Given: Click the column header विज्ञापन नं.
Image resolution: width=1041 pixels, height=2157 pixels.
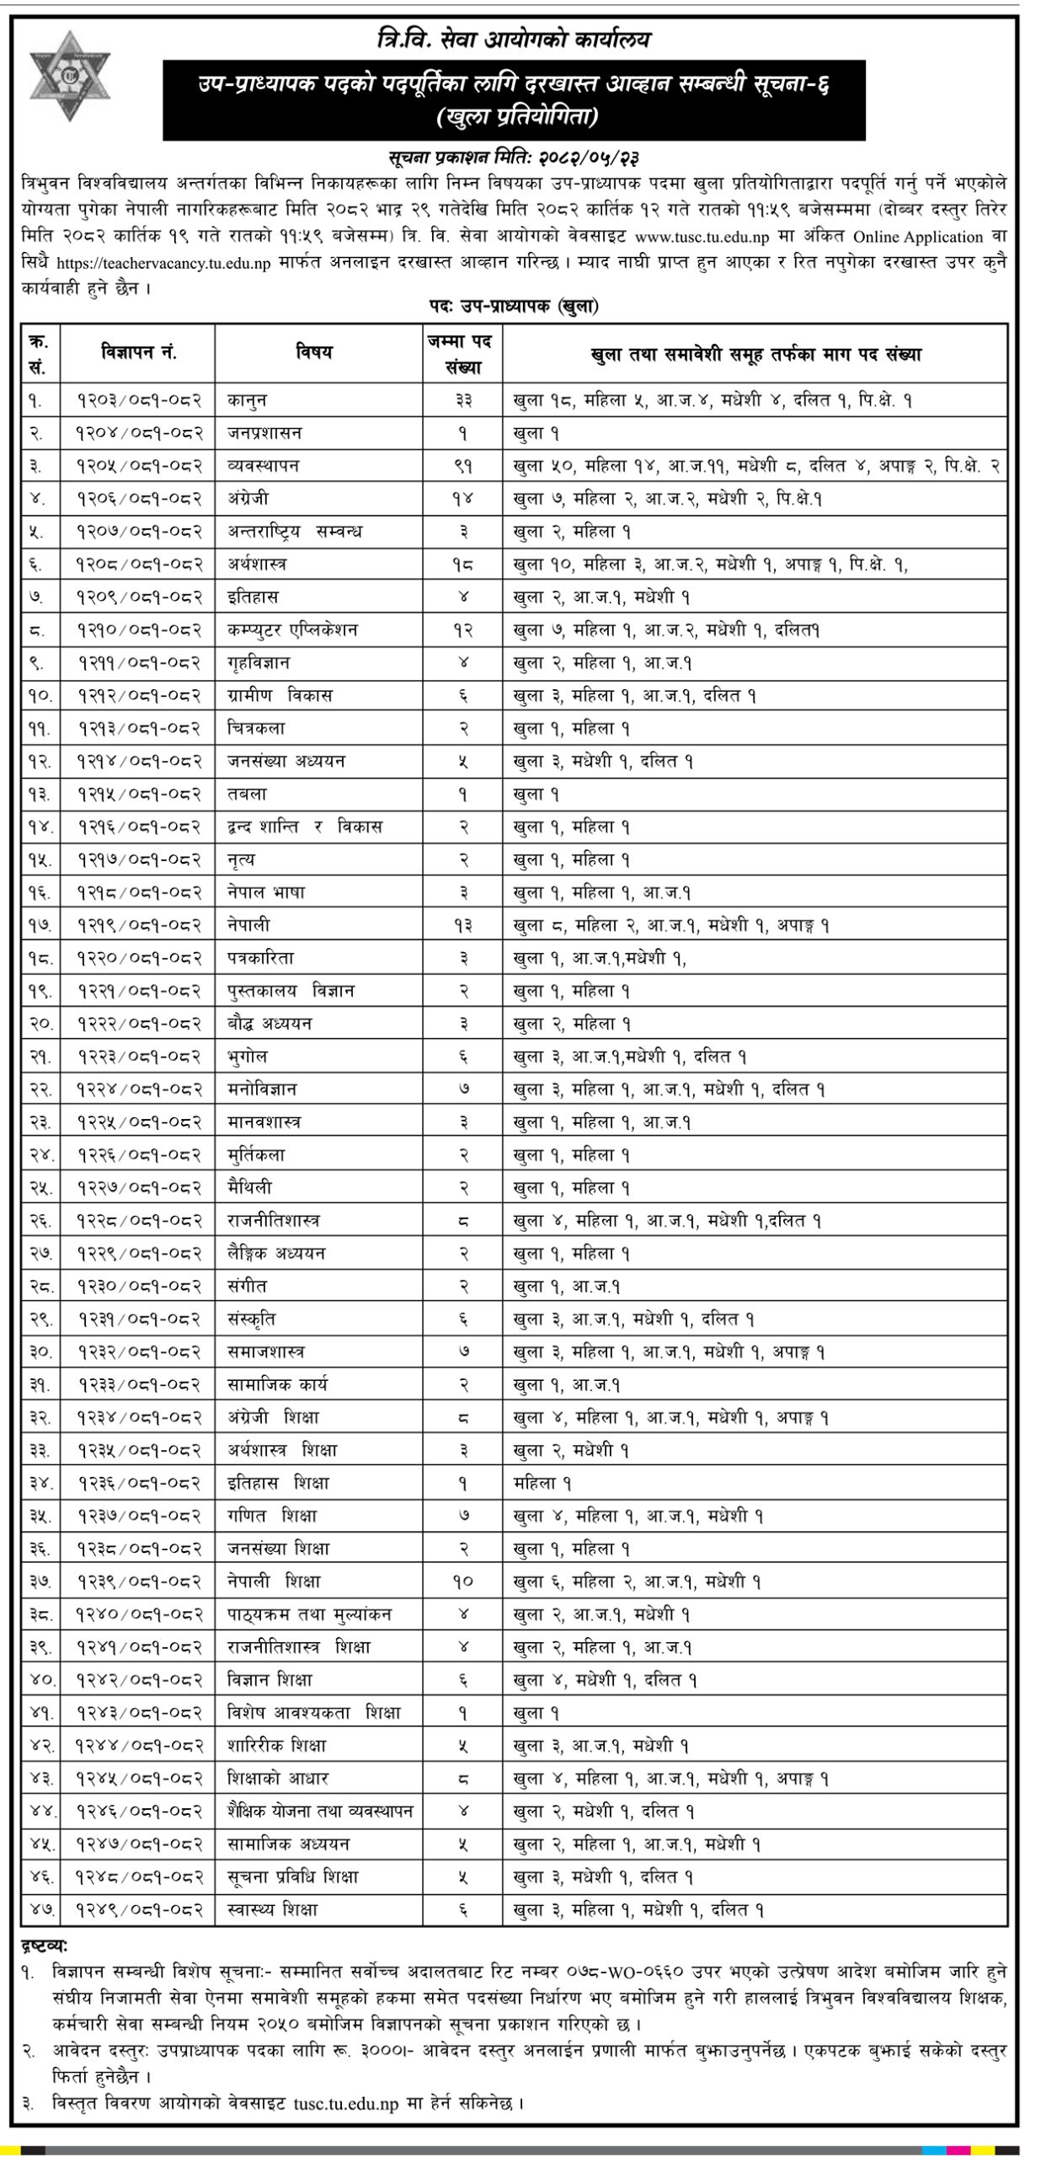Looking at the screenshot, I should click(x=139, y=353).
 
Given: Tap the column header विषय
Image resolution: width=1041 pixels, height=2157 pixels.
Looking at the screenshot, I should click(x=313, y=353).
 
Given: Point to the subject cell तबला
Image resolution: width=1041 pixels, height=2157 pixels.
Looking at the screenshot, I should click(x=247, y=794).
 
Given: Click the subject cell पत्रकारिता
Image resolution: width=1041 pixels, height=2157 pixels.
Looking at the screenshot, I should click(x=259, y=958).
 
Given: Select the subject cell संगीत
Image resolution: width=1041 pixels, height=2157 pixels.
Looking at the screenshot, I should click(x=247, y=1287).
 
